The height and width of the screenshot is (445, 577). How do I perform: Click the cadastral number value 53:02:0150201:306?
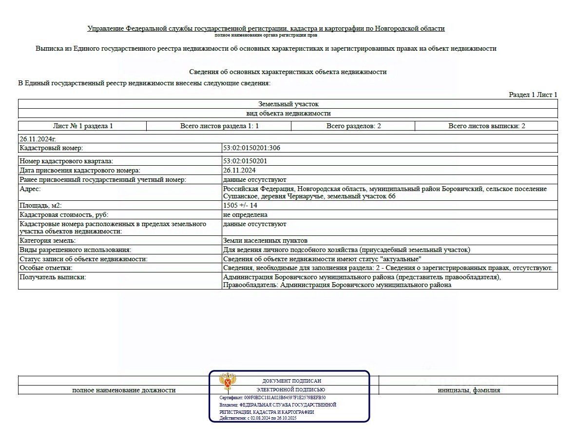pyautogui.click(x=251, y=148)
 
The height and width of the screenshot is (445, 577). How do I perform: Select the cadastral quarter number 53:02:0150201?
pyautogui.click(x=245, y=161)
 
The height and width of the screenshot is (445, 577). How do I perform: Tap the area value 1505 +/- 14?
pyautogui.click(x=240, y=205)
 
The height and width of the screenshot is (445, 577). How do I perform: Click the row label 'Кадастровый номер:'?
pyautogui.click(x=51, y=148)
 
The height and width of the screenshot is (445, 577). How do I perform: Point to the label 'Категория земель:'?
pyautogui.click(x=47, y=240)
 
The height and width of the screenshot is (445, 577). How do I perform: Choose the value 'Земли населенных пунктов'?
pyautogui.click(x=265, y=240)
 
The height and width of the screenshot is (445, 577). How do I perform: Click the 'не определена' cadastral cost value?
pyautogui.click(x=245, y=214)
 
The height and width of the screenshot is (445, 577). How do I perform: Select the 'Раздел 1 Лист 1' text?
pyautogui.click(x=533, y=95)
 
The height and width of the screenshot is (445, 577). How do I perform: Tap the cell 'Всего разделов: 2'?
pyautogui.click(x=353, y=126)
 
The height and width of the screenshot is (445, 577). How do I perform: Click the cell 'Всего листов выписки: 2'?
pyautogui.click(x=486, y=126)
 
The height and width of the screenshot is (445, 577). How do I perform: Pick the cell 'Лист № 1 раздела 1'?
pyautogui.click(x=83, y=126)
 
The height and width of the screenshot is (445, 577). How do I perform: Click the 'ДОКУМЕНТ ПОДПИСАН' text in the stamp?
pyautogui.click(x=291, y=381)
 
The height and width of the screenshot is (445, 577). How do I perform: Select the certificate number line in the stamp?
pyautogui.click(x=272, y=398)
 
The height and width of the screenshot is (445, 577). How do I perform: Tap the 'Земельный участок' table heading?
pyautogui.click(x=288, y=104)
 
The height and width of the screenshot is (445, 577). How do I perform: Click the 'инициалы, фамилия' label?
pyautogui.click(x=468, y=390)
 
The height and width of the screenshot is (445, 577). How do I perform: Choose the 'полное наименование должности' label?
pyautogui.click(x=124, y=390)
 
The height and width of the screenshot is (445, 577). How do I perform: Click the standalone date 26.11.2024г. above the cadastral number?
pyautogui.click(x=38, y=139)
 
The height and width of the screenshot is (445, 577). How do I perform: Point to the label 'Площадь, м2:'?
pyautogui.click(x=41, y=205)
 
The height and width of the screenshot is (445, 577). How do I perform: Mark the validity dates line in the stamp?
pyautogui.click(x=258, y=418)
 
